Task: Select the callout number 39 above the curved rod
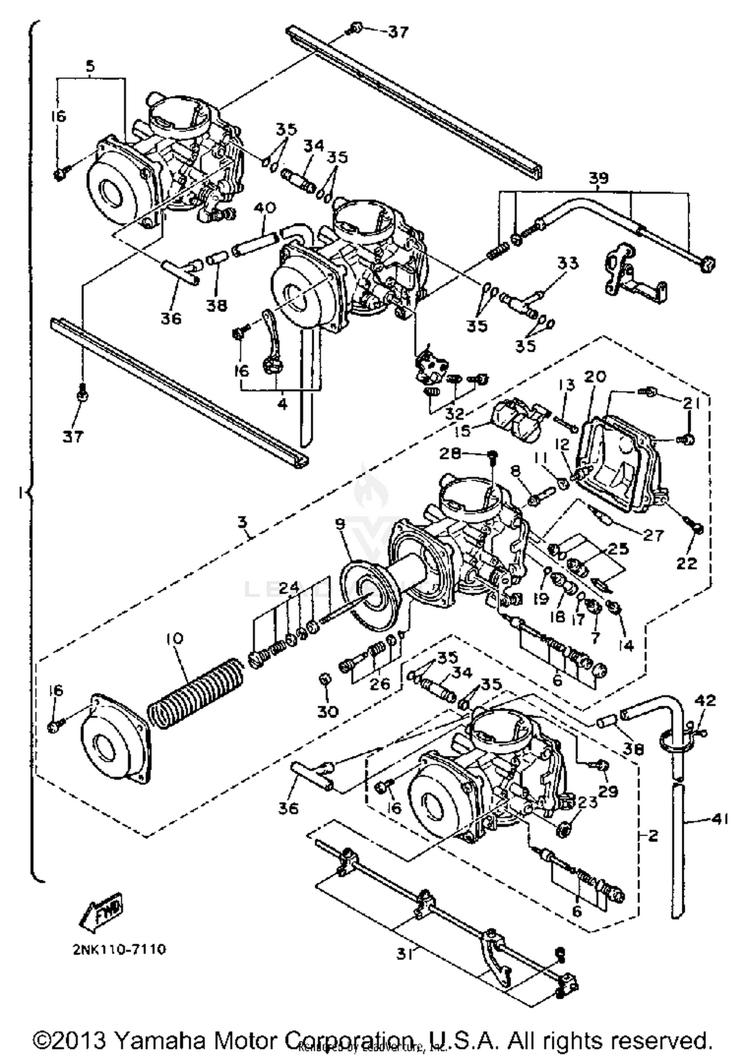pos(598,178)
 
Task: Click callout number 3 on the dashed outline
pos(242,522)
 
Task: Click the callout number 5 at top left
pos(90,66)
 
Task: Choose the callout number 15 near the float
pos(463,430)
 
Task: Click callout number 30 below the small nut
pos(328,711)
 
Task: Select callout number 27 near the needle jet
pos(653,535)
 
